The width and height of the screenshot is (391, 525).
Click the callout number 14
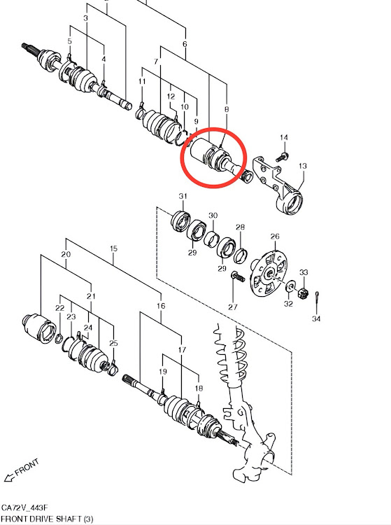coord(284,138)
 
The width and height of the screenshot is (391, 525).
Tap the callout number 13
coord(303,166)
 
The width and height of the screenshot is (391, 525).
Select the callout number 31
coord(183,196)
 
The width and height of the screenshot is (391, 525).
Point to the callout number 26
coord(275,237)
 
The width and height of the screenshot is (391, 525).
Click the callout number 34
coord(316,318)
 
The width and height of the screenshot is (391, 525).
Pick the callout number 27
coord(233,307)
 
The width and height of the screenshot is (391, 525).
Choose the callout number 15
coord(113,248)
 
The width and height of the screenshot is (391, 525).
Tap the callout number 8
coord(227,109)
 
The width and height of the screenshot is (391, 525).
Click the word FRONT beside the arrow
coord(27,468)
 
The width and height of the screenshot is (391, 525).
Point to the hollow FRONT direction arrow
coord(9,477)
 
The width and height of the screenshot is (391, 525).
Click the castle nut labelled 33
coord(303,293)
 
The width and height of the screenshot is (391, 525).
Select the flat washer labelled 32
coord(290,286)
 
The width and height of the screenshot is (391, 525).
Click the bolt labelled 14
coord(283,157)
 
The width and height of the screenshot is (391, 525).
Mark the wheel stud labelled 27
coord(238,277)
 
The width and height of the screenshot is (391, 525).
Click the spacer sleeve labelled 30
coord(212,239)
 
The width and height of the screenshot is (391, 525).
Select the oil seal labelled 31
coord(180,221)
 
